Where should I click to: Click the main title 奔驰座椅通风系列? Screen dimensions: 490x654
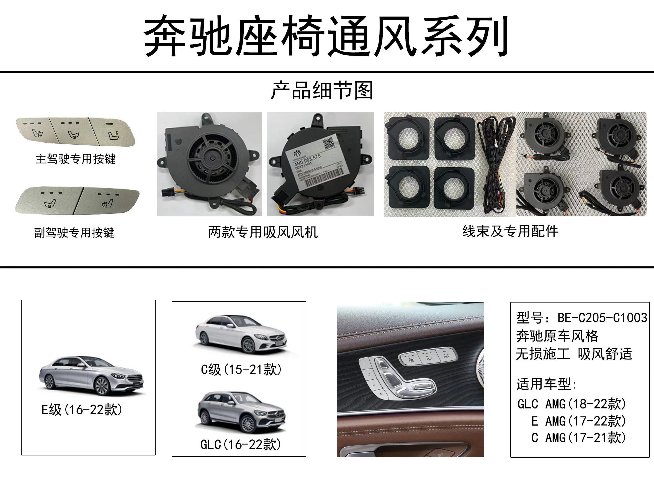click(326, 36)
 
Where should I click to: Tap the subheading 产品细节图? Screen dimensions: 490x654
click(322, 90)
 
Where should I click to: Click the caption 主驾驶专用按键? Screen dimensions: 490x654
click(75, 159)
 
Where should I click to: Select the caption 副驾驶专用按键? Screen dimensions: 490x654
click(74, 233)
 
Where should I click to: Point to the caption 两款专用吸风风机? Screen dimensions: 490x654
click(263, 232)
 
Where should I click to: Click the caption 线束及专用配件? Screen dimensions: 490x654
click(510, 231)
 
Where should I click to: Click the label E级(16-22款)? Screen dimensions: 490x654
click(82, 410)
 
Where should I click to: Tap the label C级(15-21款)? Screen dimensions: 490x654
click(241, 369)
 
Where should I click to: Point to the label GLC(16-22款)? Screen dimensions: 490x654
click(240, 444)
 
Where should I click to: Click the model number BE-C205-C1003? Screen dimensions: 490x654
click(602, 318)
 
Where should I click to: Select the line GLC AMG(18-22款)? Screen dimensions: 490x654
click(571, 404)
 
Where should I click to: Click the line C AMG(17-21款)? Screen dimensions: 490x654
click(578, 438)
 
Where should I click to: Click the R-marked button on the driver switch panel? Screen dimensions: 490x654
click(114, 134)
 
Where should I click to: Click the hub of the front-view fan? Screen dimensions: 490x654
click(212, 158)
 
